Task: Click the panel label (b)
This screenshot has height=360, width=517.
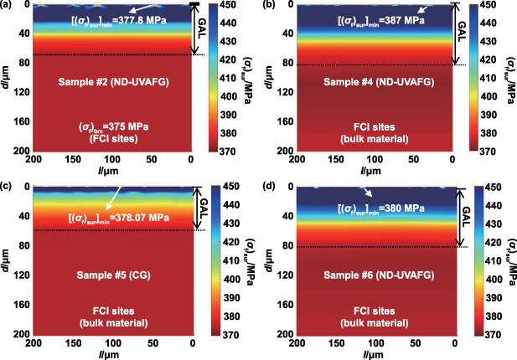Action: [x=268, y=7]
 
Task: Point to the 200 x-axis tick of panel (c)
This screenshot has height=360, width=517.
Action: [x=35, y=342]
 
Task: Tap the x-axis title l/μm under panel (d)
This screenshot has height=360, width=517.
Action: [x=374, y=353]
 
